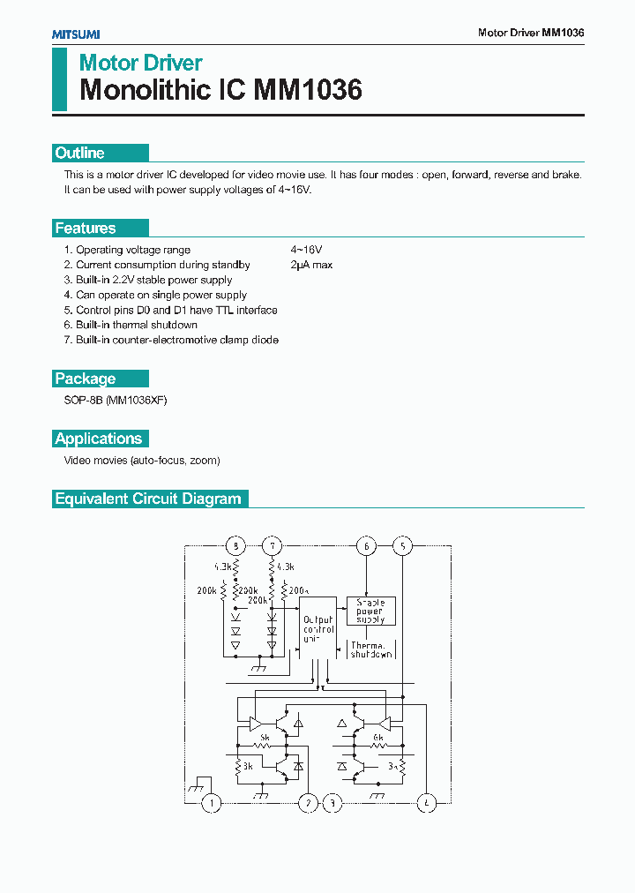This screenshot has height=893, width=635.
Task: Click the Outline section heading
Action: coord(80,153)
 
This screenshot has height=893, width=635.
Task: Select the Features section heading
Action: coord(86,229)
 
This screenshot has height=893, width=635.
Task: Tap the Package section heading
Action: coord(86,379)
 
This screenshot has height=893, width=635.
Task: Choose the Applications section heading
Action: coord(99,439)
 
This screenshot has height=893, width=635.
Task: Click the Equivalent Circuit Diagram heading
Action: coord(148,499)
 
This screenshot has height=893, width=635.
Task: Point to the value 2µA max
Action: coord(311,265)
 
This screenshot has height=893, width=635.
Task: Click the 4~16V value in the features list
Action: coord(306,250)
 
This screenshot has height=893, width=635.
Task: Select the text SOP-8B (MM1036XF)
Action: coord(116,401)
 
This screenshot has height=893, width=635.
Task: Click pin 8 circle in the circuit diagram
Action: coord(235,546)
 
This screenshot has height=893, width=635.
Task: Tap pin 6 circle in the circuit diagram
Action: coord(366,546)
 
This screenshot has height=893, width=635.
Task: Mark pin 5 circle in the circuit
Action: coord(402,546)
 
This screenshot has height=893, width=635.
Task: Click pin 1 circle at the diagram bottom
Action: coord(212,803)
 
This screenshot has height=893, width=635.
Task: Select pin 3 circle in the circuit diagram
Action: coord(332,803)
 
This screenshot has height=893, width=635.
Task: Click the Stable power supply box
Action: coord(370,611)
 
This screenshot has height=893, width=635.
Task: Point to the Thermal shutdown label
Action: coord(370,650)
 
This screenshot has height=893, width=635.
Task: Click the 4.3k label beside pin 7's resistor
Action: coord(285,566)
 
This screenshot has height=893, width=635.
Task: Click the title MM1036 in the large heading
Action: coord(308,90)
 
